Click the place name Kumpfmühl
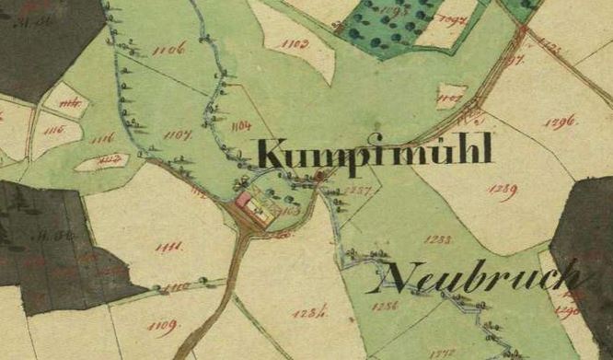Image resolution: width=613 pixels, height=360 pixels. coord(374,153)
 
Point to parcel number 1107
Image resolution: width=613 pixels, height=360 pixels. coord(177,135)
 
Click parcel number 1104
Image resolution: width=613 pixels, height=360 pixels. coord(243,124)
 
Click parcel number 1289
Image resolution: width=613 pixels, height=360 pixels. coord(502,191)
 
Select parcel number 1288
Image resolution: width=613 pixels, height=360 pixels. coord(438,238)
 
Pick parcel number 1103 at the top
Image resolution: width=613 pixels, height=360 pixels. coord(295,43)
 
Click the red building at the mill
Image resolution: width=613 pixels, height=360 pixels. coord(244,198)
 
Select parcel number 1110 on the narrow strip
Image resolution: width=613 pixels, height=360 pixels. coord(175,287)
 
